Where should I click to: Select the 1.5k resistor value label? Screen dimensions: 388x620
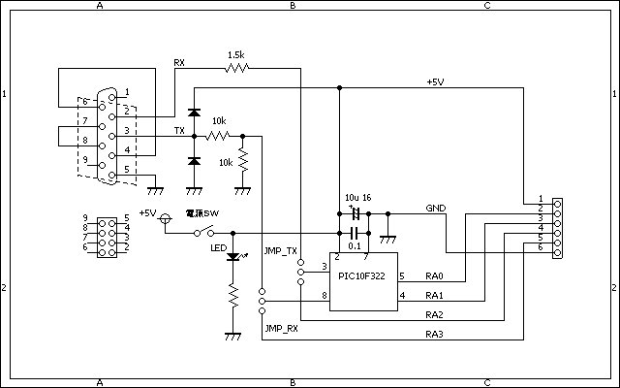point(235,55)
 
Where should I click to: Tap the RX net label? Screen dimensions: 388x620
point(179,63)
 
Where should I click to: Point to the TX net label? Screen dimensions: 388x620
point(179,129)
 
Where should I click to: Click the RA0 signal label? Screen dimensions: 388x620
point(434,275)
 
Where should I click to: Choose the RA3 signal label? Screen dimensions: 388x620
point(434,335)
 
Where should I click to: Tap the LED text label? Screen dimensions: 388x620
point(218,248)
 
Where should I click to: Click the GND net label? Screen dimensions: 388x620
point(435,209)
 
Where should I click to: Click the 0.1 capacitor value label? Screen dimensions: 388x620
point(355,246)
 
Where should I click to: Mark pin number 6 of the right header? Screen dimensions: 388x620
point(542,247)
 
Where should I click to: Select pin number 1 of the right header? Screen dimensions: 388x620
point(542,199)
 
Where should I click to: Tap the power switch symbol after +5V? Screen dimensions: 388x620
point(204,232)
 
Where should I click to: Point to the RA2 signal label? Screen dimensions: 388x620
point(434,315)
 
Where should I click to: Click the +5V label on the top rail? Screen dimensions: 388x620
point(436,81)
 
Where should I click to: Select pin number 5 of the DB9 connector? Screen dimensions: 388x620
point(126,169)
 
